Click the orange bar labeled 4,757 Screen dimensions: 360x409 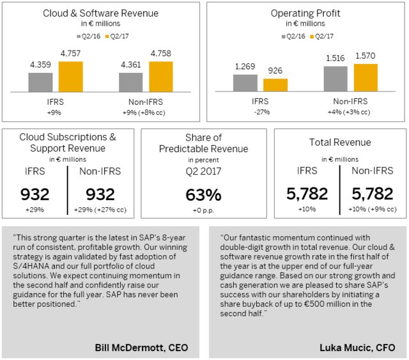71,77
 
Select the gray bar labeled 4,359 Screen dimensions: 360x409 40,83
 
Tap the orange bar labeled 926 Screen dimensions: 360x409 275,86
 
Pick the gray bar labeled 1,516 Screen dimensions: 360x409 336,79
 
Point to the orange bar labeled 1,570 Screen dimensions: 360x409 366,78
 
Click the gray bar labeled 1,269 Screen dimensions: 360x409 245,83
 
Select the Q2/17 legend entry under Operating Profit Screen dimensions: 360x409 323,36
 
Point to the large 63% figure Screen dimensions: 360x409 203,195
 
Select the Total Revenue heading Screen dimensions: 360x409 339,143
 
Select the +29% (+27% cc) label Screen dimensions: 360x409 100,210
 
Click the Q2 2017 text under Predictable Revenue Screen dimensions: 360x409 203,171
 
